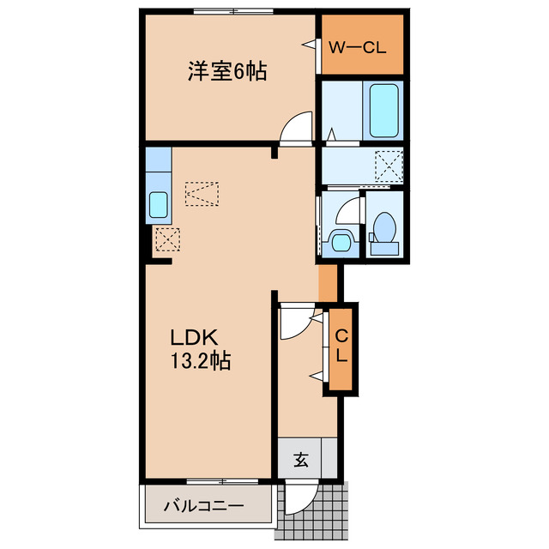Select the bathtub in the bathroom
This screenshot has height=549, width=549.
tap(383, 111)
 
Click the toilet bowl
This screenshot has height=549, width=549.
tap(383, 230)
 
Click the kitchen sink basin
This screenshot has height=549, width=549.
tap(159, 205)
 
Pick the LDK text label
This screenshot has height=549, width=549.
tap(196, 336)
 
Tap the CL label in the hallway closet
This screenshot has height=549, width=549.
tap(341, 347)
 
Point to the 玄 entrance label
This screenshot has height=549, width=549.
tap(301, 460)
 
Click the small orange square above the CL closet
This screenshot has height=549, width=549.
tap(327, 282)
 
